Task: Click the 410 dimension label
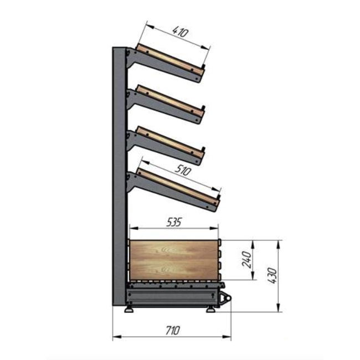pyautogui.click(x=181, y=32)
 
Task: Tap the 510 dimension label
pyautogui.click(x=183, y=171)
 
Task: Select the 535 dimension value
pyautogui.click(x=174, y=222)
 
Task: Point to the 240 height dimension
pyautogui.click(x=247, y=260)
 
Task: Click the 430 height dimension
pyautogui.click(x=272, y=275)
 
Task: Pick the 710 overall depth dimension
pyautogui.click(x=172, y=331)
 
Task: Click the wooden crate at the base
pyautogui.click(x=173, y=260)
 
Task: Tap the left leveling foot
pyautogui.click(x=129, y=310)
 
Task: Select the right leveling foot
pyautogui.click(x=210, y=310)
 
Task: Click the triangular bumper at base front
pyautogui.click(x=225, y=298)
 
